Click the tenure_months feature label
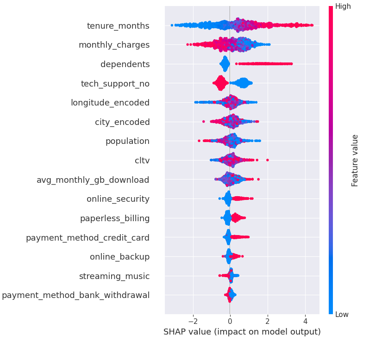(118, 26)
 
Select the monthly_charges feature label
(114, 45)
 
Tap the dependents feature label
(125, 64)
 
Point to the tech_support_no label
(115, 84)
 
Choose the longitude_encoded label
(110, 103)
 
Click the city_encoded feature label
(122, 122)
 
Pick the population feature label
(127, 141)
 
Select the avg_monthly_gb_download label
(93, 180)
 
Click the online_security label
(118, 199)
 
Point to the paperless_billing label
(115, 218)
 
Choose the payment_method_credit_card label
(88, 238)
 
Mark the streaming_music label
(114, 276)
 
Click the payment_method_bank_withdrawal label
(75, 295)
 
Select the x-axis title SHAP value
(242, 332)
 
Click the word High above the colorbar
(343, 6)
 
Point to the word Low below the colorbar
(343, 315)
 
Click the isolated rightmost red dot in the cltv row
(268, 160)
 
